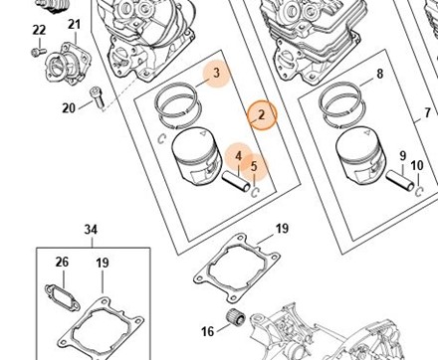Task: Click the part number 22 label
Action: point(39,30)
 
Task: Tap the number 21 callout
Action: point(75,25)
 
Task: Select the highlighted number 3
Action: point(217,73)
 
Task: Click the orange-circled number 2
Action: point(262,115)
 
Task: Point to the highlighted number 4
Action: point(239,156)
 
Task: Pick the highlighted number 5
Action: point(254,166)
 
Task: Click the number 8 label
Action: point(380,74)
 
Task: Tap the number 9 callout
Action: point(403,155)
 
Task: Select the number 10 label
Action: point(417,165)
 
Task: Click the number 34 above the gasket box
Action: point(91,230)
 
